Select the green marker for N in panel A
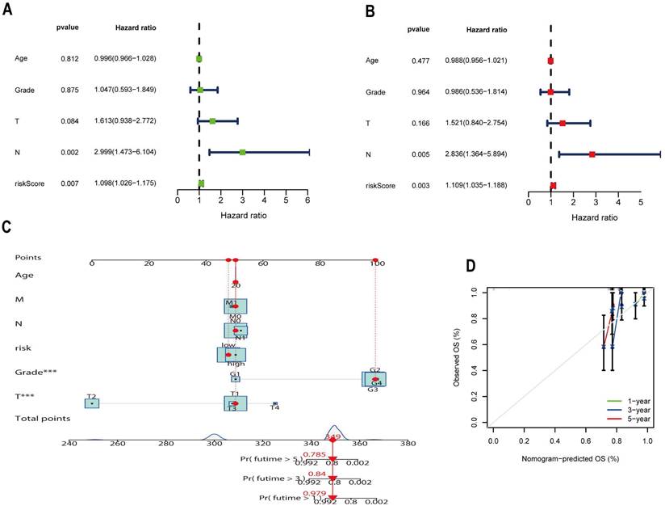[242, 151]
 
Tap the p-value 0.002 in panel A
[67, 152]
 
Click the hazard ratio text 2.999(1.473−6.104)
[124, 152]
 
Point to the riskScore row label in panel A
[31, 183]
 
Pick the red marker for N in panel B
[592, 154]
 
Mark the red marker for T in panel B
[563, 123]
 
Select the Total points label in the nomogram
[40, 418]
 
